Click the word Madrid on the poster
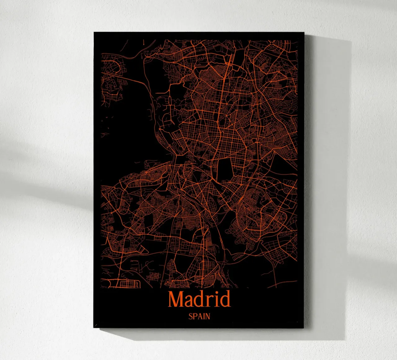point(199,299)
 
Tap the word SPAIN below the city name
point(199,317)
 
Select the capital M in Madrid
point(176,299)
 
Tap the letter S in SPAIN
point(190,317)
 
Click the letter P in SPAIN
point(194,317)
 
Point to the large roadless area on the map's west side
point(127,124)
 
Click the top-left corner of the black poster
point(94,33)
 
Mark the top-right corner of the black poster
point(305,33)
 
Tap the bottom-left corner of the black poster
point(94,327)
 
